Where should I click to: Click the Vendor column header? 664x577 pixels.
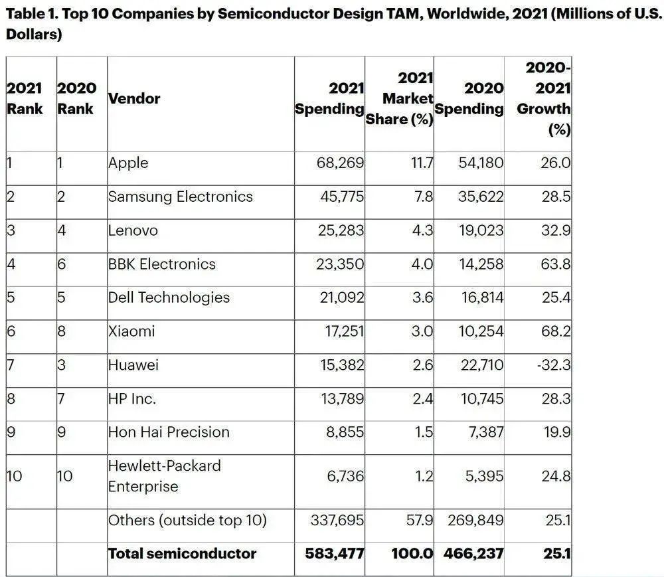134,99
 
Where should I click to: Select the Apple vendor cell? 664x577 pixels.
128,163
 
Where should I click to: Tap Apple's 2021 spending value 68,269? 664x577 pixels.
340,163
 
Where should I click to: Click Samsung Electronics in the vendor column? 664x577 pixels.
181,197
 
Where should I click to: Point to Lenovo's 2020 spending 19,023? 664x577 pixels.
481,230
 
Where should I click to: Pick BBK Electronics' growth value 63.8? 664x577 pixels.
556,264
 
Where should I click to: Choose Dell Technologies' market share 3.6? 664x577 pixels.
422,297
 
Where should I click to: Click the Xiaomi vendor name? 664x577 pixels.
131,331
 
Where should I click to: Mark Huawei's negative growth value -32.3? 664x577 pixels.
554,365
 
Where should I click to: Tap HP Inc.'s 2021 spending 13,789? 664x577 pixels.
342,398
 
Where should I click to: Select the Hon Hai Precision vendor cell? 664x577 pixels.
169,432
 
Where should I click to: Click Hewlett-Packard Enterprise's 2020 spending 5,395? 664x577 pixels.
485,476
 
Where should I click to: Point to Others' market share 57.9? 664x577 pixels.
420,520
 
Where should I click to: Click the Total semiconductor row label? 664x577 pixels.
182,554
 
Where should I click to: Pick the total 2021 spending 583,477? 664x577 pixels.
335,554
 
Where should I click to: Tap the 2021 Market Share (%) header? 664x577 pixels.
399,99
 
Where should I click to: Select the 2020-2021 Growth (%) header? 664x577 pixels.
544,99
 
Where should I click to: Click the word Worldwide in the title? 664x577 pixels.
466,14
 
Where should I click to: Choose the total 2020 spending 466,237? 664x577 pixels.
474,554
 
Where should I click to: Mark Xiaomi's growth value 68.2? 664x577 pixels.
556,331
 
